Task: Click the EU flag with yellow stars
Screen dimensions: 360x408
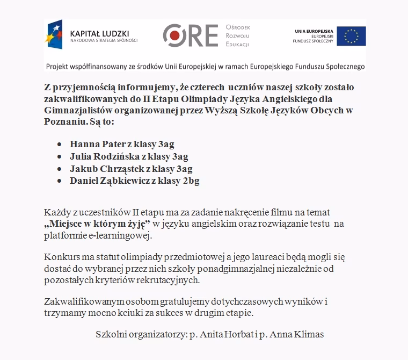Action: pyautogui.click(x=352, y=37)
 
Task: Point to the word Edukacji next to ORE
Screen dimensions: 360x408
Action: pyautogui.click(x=238, y=44)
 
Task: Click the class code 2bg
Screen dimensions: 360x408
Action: pyautogui.click(x=191, y=181)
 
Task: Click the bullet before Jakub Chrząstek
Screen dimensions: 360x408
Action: pyautogui.click(x=59, y=169)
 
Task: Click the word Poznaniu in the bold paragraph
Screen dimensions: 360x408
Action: pyautogui.click(x=64, y=122)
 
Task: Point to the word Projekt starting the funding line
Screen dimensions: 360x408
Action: pyautogui.click(x=60, y=67)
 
